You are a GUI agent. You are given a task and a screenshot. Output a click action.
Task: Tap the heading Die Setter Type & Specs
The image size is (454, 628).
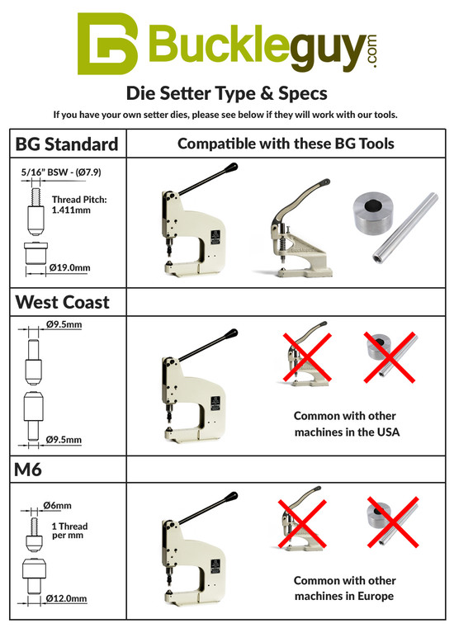click(x=226, y=92)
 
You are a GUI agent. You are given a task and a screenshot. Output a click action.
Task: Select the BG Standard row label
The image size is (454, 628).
click(x=67, y=144)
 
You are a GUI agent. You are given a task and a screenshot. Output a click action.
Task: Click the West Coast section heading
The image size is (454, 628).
click(x=63, y=302)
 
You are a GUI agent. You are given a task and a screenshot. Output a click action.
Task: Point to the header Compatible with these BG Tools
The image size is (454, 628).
click(x=286, y=144)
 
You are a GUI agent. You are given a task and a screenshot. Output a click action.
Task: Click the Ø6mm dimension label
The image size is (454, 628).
click(x=57, y=505)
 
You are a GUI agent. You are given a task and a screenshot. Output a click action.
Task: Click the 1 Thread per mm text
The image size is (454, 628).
click(x=69, y=530)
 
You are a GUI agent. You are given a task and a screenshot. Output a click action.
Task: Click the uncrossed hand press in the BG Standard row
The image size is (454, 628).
click(x=301, y=230)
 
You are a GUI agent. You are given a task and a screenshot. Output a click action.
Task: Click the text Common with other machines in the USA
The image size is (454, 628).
click(x=345, y=423)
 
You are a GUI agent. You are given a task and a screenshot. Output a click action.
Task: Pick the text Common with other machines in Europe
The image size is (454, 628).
click(x=345, y=588)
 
